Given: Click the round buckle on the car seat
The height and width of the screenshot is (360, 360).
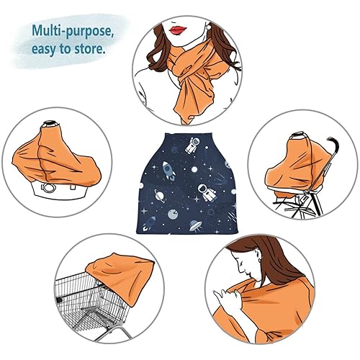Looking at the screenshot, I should (48, 189).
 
